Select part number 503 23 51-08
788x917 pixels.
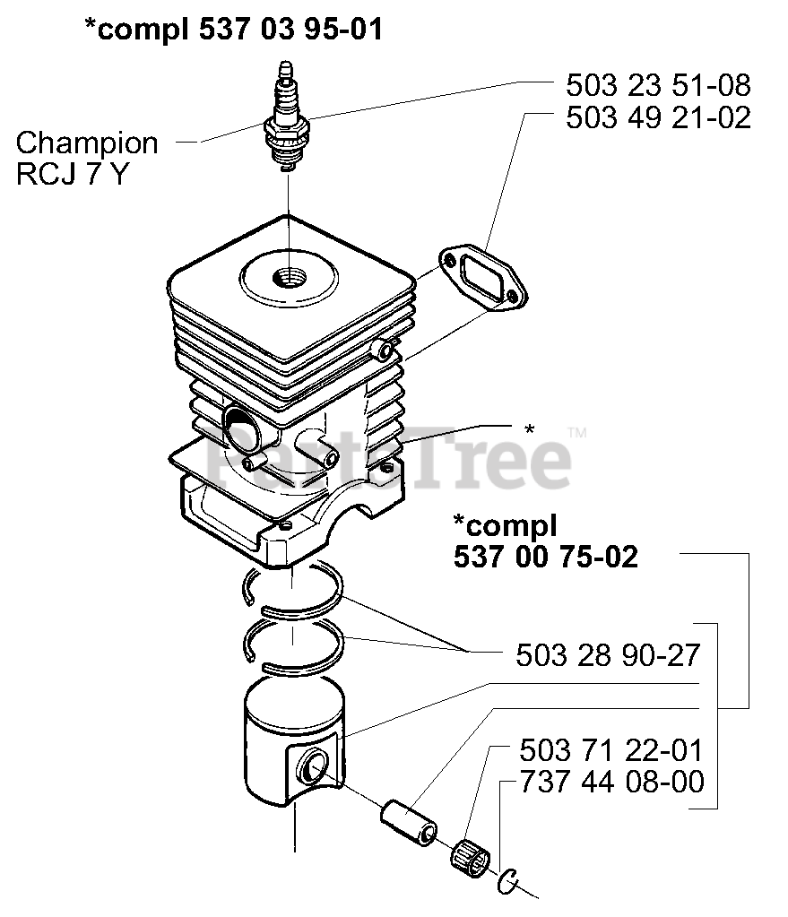[658, 86]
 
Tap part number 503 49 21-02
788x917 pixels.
[658, 117]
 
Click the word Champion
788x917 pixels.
[87, 143]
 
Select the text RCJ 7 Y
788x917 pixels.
[72, 173]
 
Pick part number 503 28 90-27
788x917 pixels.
[608, 655]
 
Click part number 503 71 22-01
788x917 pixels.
[611, 749]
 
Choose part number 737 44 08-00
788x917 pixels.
[611, 782]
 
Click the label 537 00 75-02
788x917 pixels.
[546, 557]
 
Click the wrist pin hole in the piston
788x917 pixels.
[314, 766]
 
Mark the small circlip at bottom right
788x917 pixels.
[509, 881]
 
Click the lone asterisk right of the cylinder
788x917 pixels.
[530, 430]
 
